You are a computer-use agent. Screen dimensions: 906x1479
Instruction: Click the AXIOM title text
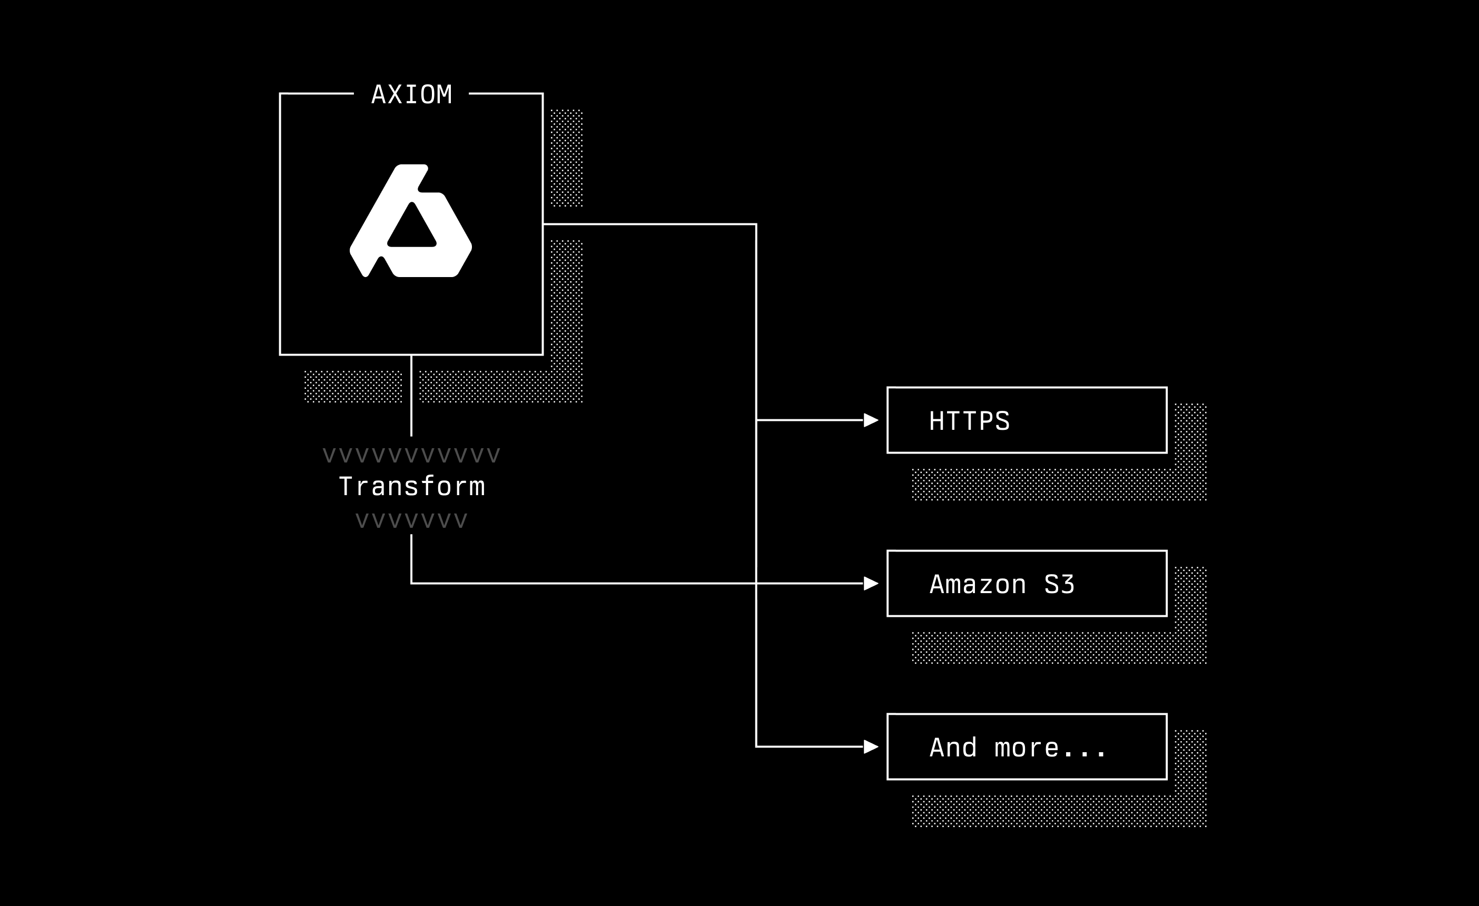click(411, 95)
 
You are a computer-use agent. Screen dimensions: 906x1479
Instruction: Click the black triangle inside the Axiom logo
click(412, 228)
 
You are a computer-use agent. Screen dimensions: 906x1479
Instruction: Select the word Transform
click(412, 486)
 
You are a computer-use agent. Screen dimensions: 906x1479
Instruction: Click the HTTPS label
click(969, 421)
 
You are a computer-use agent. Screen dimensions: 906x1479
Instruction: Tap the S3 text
click(1059, 585)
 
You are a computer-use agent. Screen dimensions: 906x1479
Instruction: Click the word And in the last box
click(953, 748)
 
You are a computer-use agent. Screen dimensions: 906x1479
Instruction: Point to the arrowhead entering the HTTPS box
click(870, 420)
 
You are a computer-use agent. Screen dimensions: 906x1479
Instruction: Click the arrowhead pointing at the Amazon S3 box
click(870, 583)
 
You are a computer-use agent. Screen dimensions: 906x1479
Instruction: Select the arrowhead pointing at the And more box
click(870, 747)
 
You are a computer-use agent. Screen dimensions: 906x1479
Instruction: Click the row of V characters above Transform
click(411, 456)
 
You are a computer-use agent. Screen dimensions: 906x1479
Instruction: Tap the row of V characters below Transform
click(411, 520)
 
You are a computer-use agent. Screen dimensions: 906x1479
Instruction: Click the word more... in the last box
click(1050, 748)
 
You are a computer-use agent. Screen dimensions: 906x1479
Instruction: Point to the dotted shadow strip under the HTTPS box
click(1044, 485)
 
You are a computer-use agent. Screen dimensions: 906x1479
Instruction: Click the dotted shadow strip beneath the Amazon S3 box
click(1044, 648)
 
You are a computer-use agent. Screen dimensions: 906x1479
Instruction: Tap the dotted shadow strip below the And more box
click(1044, 811)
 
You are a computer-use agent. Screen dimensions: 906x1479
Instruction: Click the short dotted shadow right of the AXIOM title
click(566, 158)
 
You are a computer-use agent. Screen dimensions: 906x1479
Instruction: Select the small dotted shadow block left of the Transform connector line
click(353, 386)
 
